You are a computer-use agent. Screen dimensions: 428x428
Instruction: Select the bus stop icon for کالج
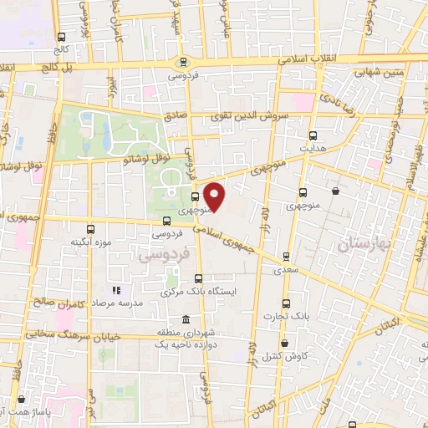[61, 37]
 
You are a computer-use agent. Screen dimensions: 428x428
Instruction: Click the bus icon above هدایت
[313, 135]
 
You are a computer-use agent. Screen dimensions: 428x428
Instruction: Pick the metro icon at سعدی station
[287, 257]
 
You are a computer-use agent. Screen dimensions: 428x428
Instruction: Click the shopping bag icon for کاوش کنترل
[284, 343]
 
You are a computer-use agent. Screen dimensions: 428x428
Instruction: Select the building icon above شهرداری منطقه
[185, 319]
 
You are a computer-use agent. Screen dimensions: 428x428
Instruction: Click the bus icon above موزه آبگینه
[90, 228]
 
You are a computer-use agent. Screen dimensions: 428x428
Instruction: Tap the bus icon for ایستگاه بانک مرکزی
[198, 279]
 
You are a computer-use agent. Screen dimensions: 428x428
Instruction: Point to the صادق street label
[175, 118]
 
